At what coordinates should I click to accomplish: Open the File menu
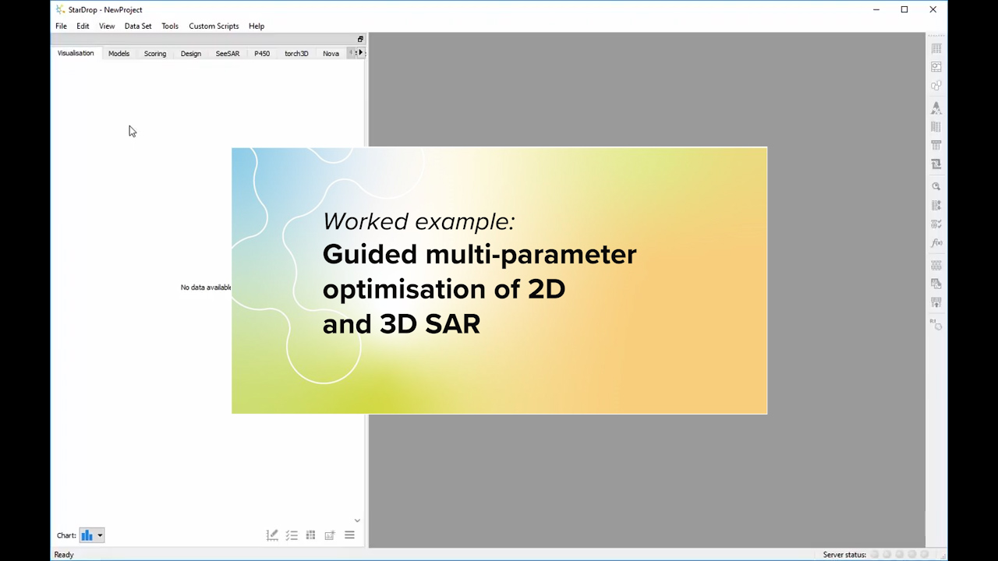tap(61, 26)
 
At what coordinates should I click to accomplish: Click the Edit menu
tap(83, 26)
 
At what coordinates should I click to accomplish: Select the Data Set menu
tap(138, 26)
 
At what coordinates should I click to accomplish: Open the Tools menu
tap(170, 26)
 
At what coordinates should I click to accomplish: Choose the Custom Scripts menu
tap(214, 26)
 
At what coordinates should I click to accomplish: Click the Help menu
tap(257, 26)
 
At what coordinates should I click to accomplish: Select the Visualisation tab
tap(76, 54)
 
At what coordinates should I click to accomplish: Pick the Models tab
tap(119, 54)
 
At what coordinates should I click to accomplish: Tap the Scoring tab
tap(155, 54)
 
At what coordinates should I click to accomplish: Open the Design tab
tap(191, 54)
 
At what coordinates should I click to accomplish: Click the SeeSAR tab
tap(228, 54)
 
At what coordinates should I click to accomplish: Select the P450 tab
tap(262, 54)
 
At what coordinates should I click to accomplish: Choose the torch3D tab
tap(296, 54)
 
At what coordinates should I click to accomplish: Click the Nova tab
tap(331, 54)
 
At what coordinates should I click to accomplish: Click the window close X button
tap(933, 10)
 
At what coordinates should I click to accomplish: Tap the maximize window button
tap(904, 10)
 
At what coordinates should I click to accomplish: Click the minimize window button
tap(876, 10)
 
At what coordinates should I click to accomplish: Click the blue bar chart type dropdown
tap(91, 535)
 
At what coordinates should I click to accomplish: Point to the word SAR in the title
tap(453, 324)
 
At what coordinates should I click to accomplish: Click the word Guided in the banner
tap(370, 255)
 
